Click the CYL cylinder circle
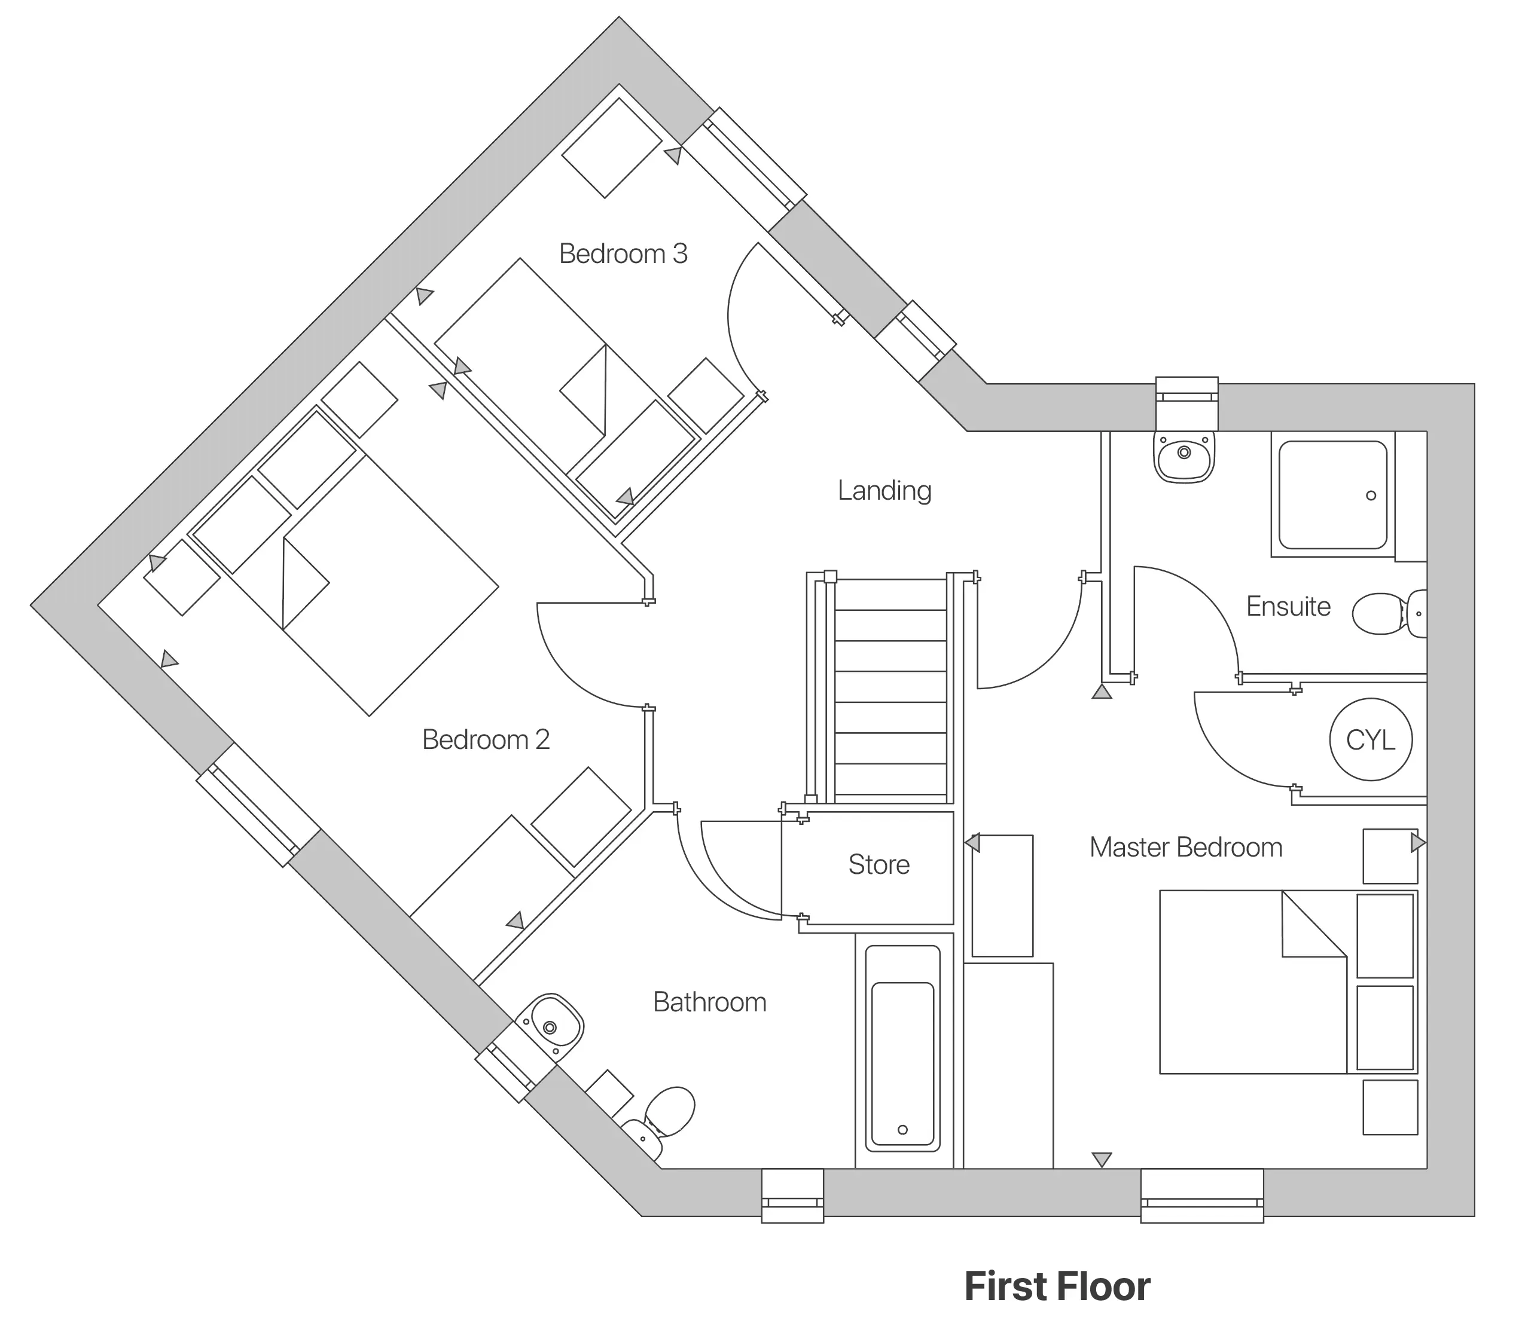1370,739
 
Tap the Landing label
884,490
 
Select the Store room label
879,864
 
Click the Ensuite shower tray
1332,495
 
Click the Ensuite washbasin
1184,458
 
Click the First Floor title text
1057,1286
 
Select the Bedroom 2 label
485,739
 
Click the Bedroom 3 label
623,253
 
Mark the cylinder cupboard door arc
1216,752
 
